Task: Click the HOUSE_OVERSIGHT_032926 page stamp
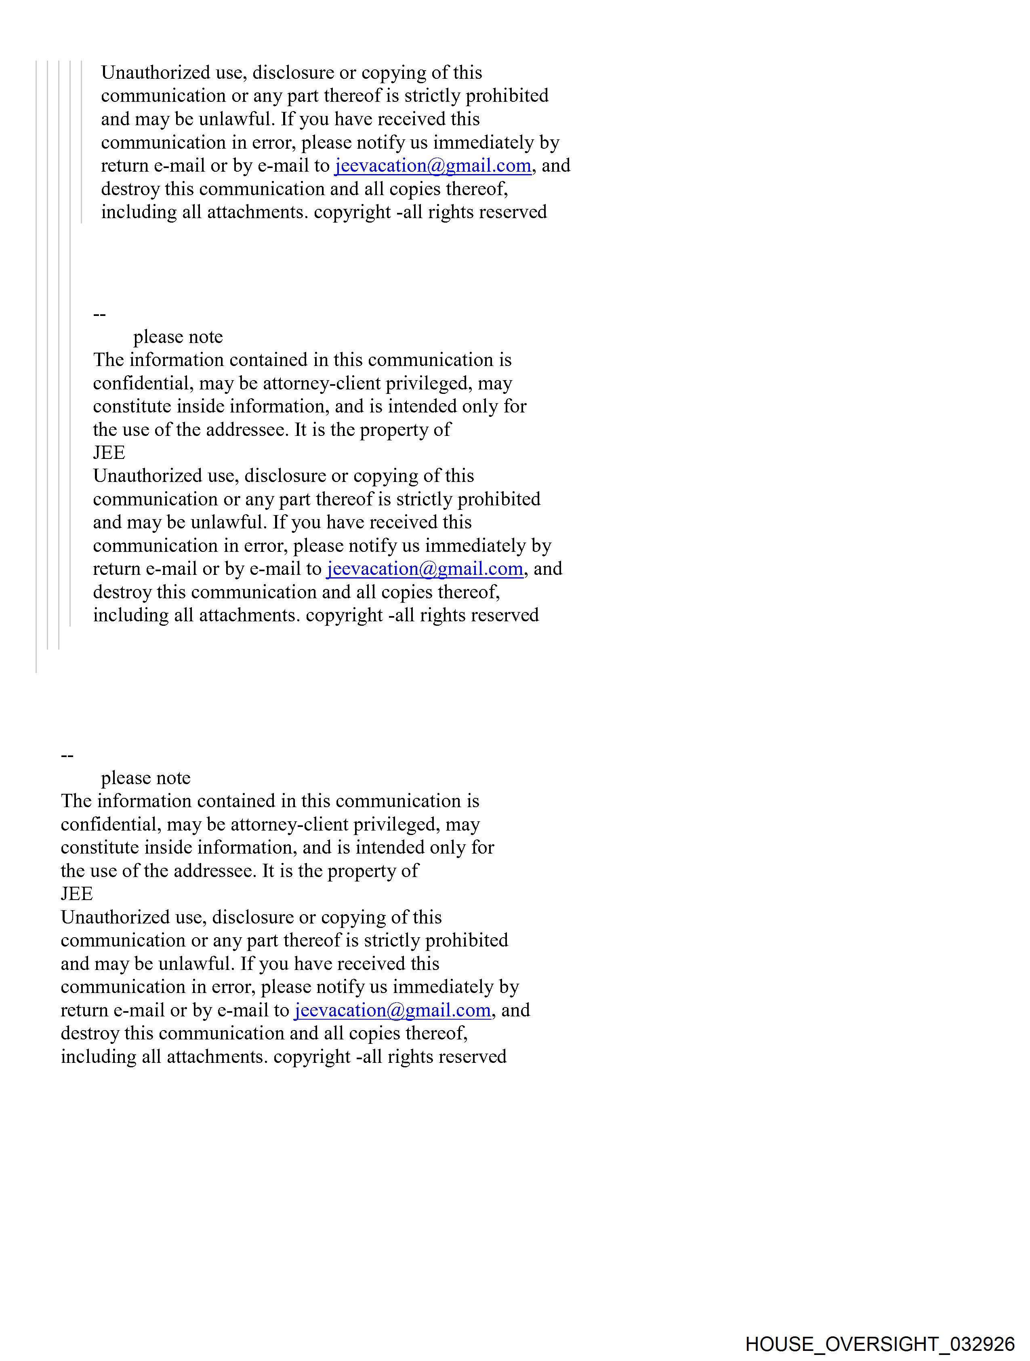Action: [x=879, y=1343]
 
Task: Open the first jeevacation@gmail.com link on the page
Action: [x=433, y=166]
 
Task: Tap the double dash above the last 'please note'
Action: [x=67, y=755]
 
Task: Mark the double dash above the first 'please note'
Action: [x=99, y=314]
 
